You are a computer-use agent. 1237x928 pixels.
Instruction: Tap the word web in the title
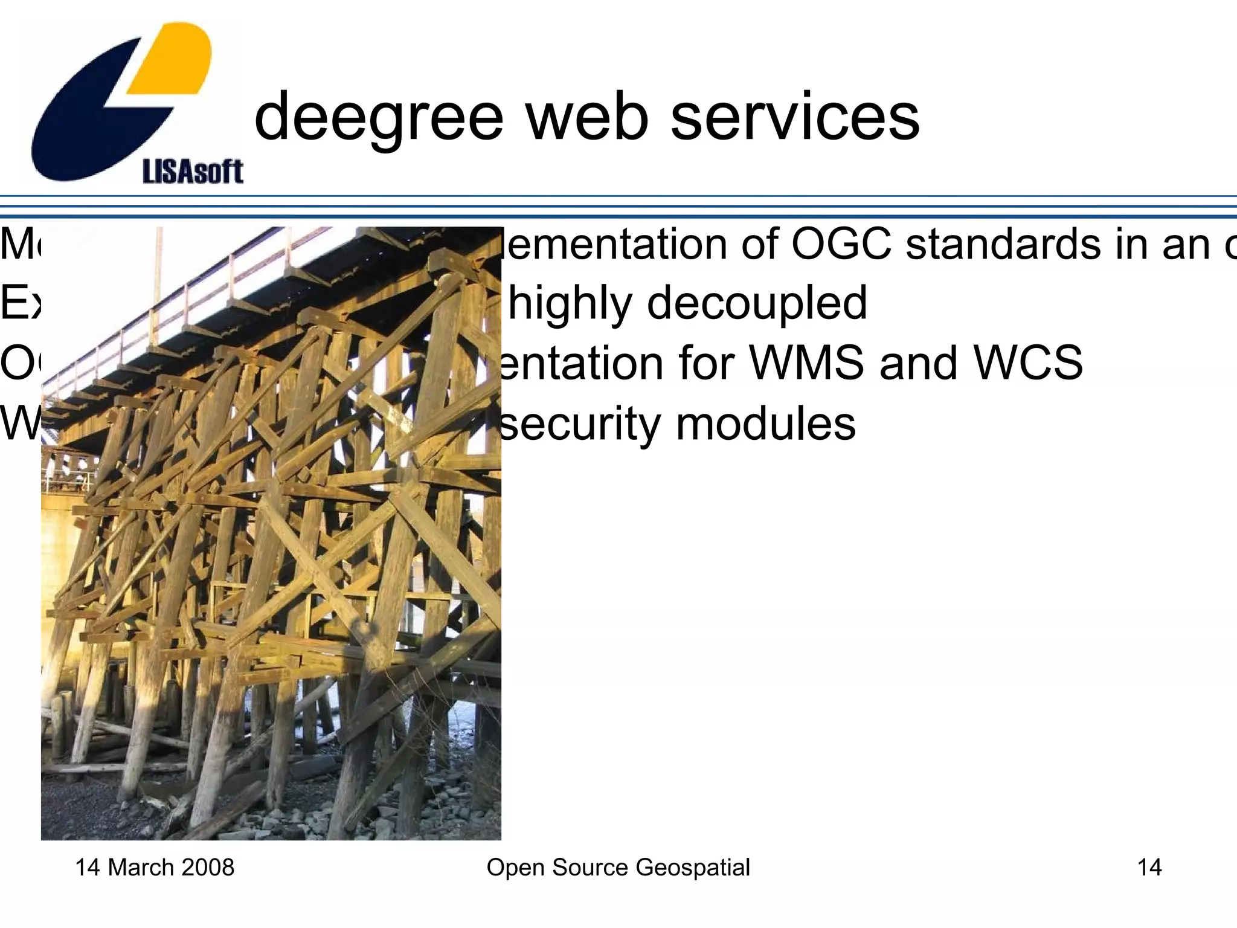click(x=587, y=117)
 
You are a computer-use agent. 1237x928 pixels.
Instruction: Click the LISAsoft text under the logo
click(x=193, y=172)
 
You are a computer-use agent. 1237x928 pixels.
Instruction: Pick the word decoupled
click(x=757, y=304)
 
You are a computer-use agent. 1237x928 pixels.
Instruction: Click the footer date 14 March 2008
click(x=155, y=868)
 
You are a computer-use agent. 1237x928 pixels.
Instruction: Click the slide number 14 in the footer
click(x=1149, y=868)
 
